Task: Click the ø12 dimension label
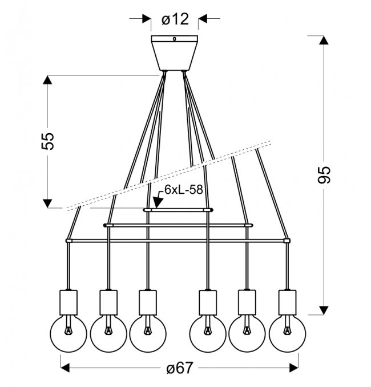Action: click(x=175, y=19)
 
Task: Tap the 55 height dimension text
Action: click(x=47, y=141)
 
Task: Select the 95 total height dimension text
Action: click(x=324, y=175)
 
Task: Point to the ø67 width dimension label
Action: click(x=179, y=368)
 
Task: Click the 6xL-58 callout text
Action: click(x=184, y=190)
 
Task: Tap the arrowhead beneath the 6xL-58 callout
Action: click(x=157, y=202)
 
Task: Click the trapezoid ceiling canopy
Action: click(x=175, y=53)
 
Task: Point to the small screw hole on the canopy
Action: click(x=175, y=39)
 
